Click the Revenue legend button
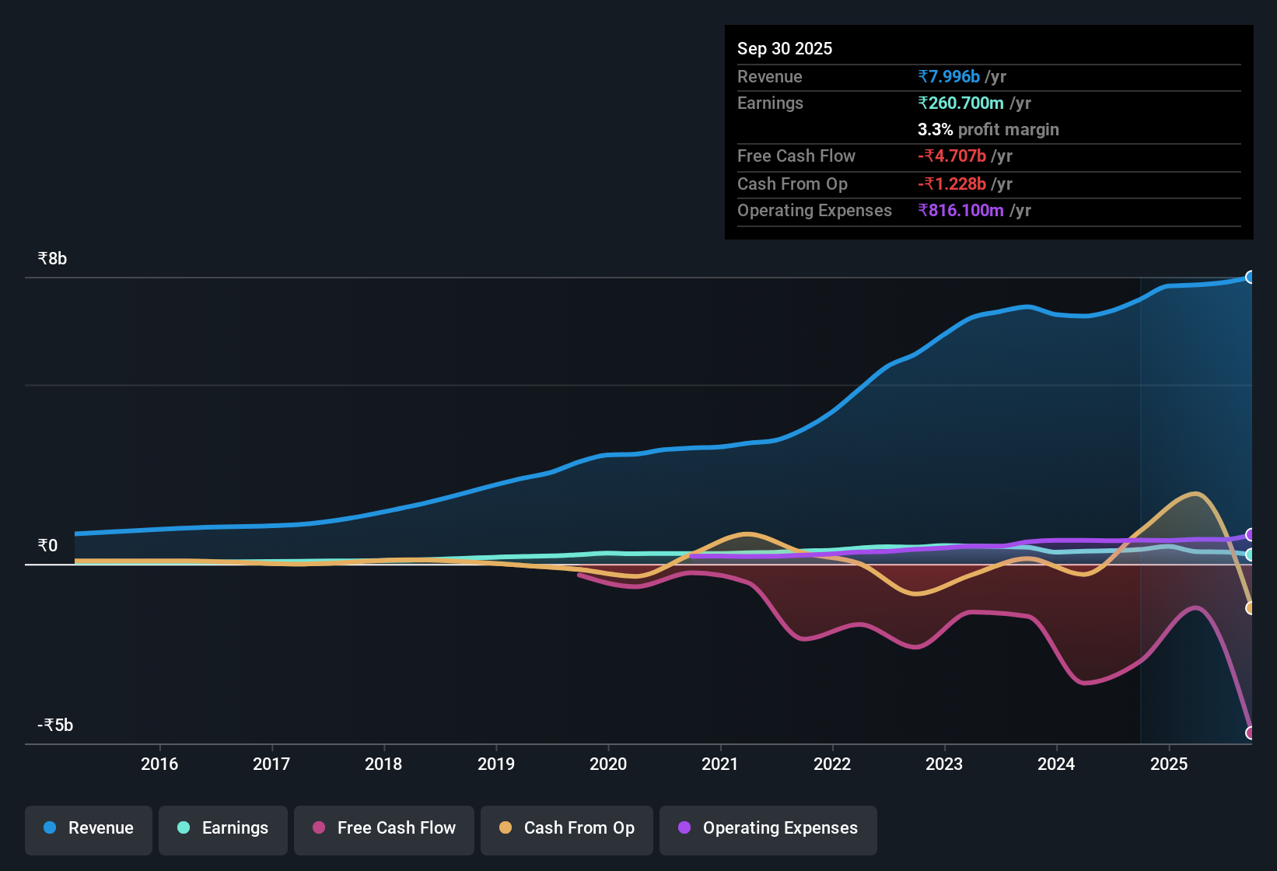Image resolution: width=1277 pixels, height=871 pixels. coord(89,828)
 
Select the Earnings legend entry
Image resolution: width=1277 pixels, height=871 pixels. coord(223,828)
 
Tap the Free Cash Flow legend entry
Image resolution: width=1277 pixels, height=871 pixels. coord(384,828)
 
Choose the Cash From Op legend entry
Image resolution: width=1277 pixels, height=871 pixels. coord(567,828)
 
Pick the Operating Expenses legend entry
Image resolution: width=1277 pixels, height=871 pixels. coord(768,828)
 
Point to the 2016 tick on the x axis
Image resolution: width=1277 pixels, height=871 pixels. coord(159,764)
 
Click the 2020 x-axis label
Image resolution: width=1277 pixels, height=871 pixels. coord(608,764)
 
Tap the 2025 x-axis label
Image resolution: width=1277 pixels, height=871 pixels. coord(1169,764)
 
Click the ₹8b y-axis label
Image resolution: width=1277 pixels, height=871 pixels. coord(53,259)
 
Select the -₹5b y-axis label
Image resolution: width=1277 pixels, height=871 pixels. coord(55,726)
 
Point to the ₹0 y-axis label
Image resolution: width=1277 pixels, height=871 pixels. coord(48,545)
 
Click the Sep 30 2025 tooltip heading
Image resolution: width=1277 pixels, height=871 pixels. coord(785,48)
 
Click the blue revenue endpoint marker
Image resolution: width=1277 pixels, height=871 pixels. coord(1250,277)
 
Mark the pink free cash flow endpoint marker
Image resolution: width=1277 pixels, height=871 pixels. coord(1250,733)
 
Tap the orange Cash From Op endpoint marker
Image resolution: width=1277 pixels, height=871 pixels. coord(1250,608)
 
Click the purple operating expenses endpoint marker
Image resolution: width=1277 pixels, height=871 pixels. coord(1250,534)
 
